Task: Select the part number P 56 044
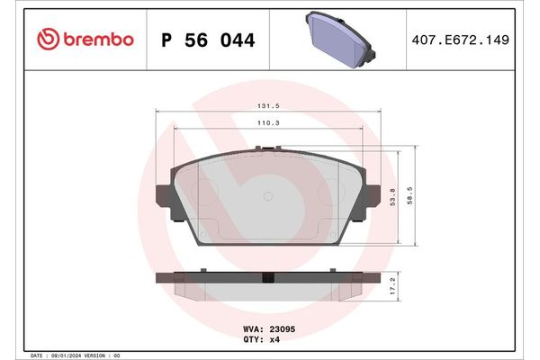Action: [207, 40]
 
